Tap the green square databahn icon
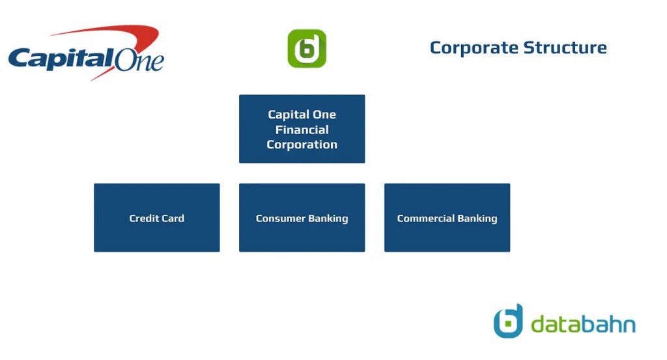coord(307,48)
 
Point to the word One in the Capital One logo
coord(139,61)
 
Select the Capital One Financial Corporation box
coord(302,129)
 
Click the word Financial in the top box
coord(302,130)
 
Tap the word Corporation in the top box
coord(302,145)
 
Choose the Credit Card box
coord(156,217)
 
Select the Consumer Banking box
coord(302,217)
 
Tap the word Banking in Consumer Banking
coord(328,218)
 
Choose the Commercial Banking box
coord(447,217)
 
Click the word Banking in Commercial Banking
coord(477,218)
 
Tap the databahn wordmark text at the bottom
coord(583,324)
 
